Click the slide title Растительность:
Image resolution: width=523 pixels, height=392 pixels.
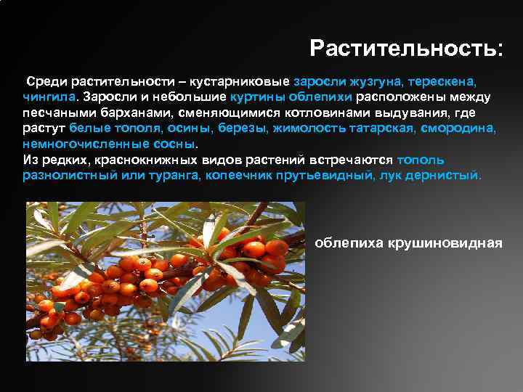point(405,49)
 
